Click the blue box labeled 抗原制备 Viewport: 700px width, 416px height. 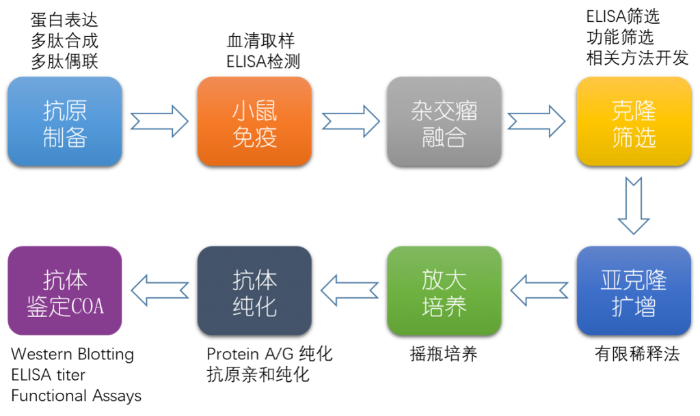[x=65, y=122]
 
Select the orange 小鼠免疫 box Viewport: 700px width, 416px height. [x=254, y=122]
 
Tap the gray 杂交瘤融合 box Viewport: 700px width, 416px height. [x=444, y=122]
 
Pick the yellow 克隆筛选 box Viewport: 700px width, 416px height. [x=634, y=122]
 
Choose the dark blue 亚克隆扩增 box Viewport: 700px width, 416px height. [x=634, y=290]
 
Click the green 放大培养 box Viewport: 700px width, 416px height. [x=444, y=290]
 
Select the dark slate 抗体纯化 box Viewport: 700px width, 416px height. [x=254, y=290]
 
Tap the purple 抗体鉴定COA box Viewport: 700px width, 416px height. [x=65, y=290]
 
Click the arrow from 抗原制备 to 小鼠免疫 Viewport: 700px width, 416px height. [x=159, y=122]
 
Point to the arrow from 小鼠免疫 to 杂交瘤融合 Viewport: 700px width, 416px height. [x=349, y=122]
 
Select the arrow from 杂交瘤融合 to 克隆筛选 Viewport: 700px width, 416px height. [x=538, y=122]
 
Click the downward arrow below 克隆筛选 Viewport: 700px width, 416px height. [x=634, y=206]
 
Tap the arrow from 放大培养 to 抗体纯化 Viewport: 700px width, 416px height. [x=349, y=290]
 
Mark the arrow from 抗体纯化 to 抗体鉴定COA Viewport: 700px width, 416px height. [x=160, y=290]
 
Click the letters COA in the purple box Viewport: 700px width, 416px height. [x=87, y=306]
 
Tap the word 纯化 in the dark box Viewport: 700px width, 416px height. [x=254, y=306]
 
